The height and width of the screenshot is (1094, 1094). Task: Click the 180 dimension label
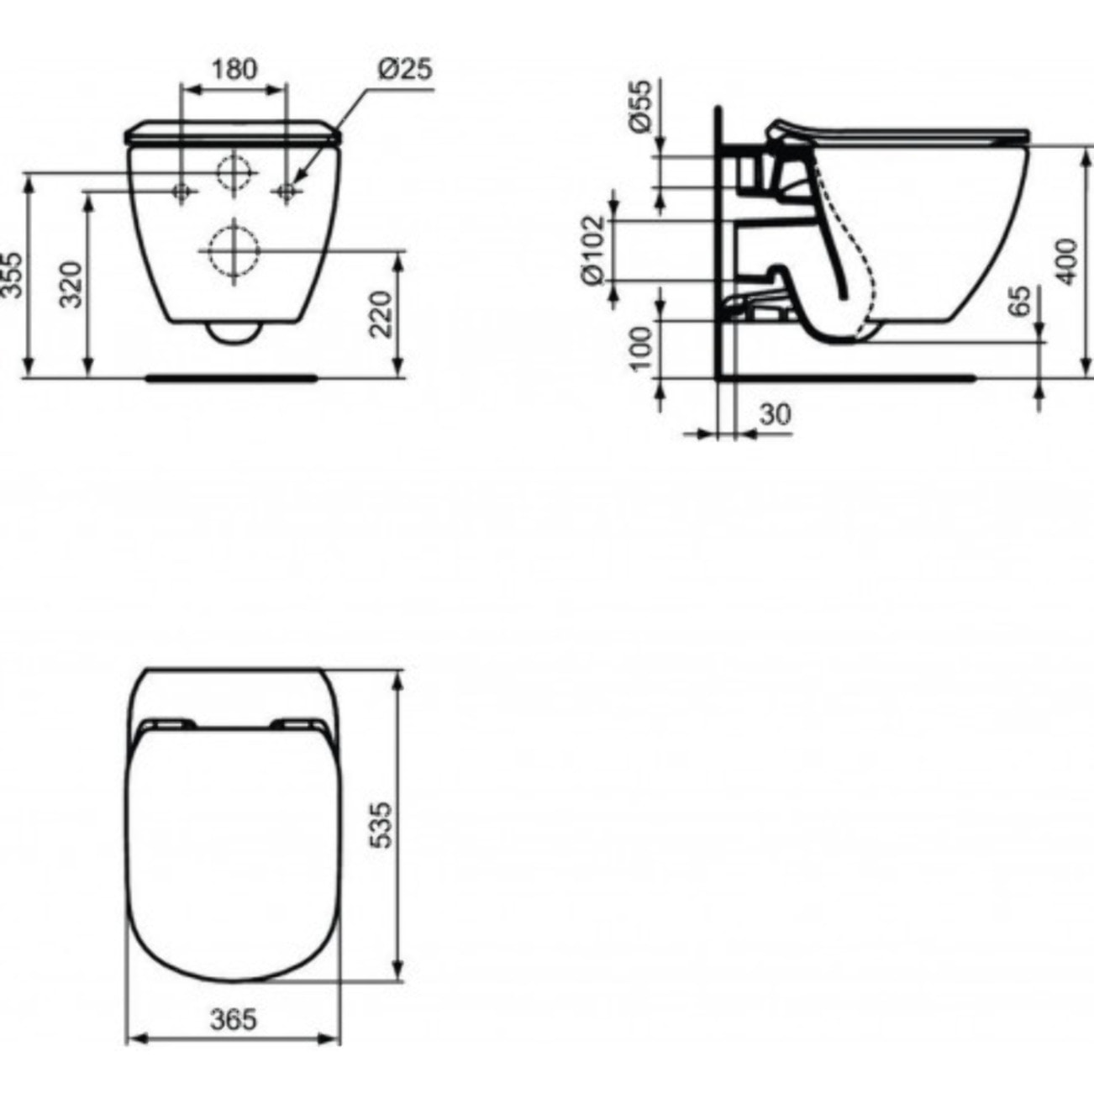click(x=234, y=68)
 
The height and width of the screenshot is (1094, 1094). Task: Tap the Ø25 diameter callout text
click(x=404, y=68)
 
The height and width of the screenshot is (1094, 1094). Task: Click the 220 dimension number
click(x=382, y=313)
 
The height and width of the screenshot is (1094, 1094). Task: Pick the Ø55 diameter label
click(x=640, y=106)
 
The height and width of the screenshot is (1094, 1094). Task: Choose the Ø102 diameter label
click(x=593, y=250)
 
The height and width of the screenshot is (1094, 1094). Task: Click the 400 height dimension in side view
click(x=1066, y=261)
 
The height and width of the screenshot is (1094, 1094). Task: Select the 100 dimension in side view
click(x=640, y=349)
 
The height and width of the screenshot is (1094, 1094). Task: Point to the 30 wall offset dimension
click(x=775, y=414)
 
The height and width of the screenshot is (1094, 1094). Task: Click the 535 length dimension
click(x=381, y=824)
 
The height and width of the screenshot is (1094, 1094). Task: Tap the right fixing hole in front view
click(x=287, y=192)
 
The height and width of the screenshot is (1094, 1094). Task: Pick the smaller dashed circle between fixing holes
click(x=234, y=172)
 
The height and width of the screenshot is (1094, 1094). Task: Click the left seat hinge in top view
click(x=168, y=723)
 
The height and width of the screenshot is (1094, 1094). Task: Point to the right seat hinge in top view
click(x=298, y=723)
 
